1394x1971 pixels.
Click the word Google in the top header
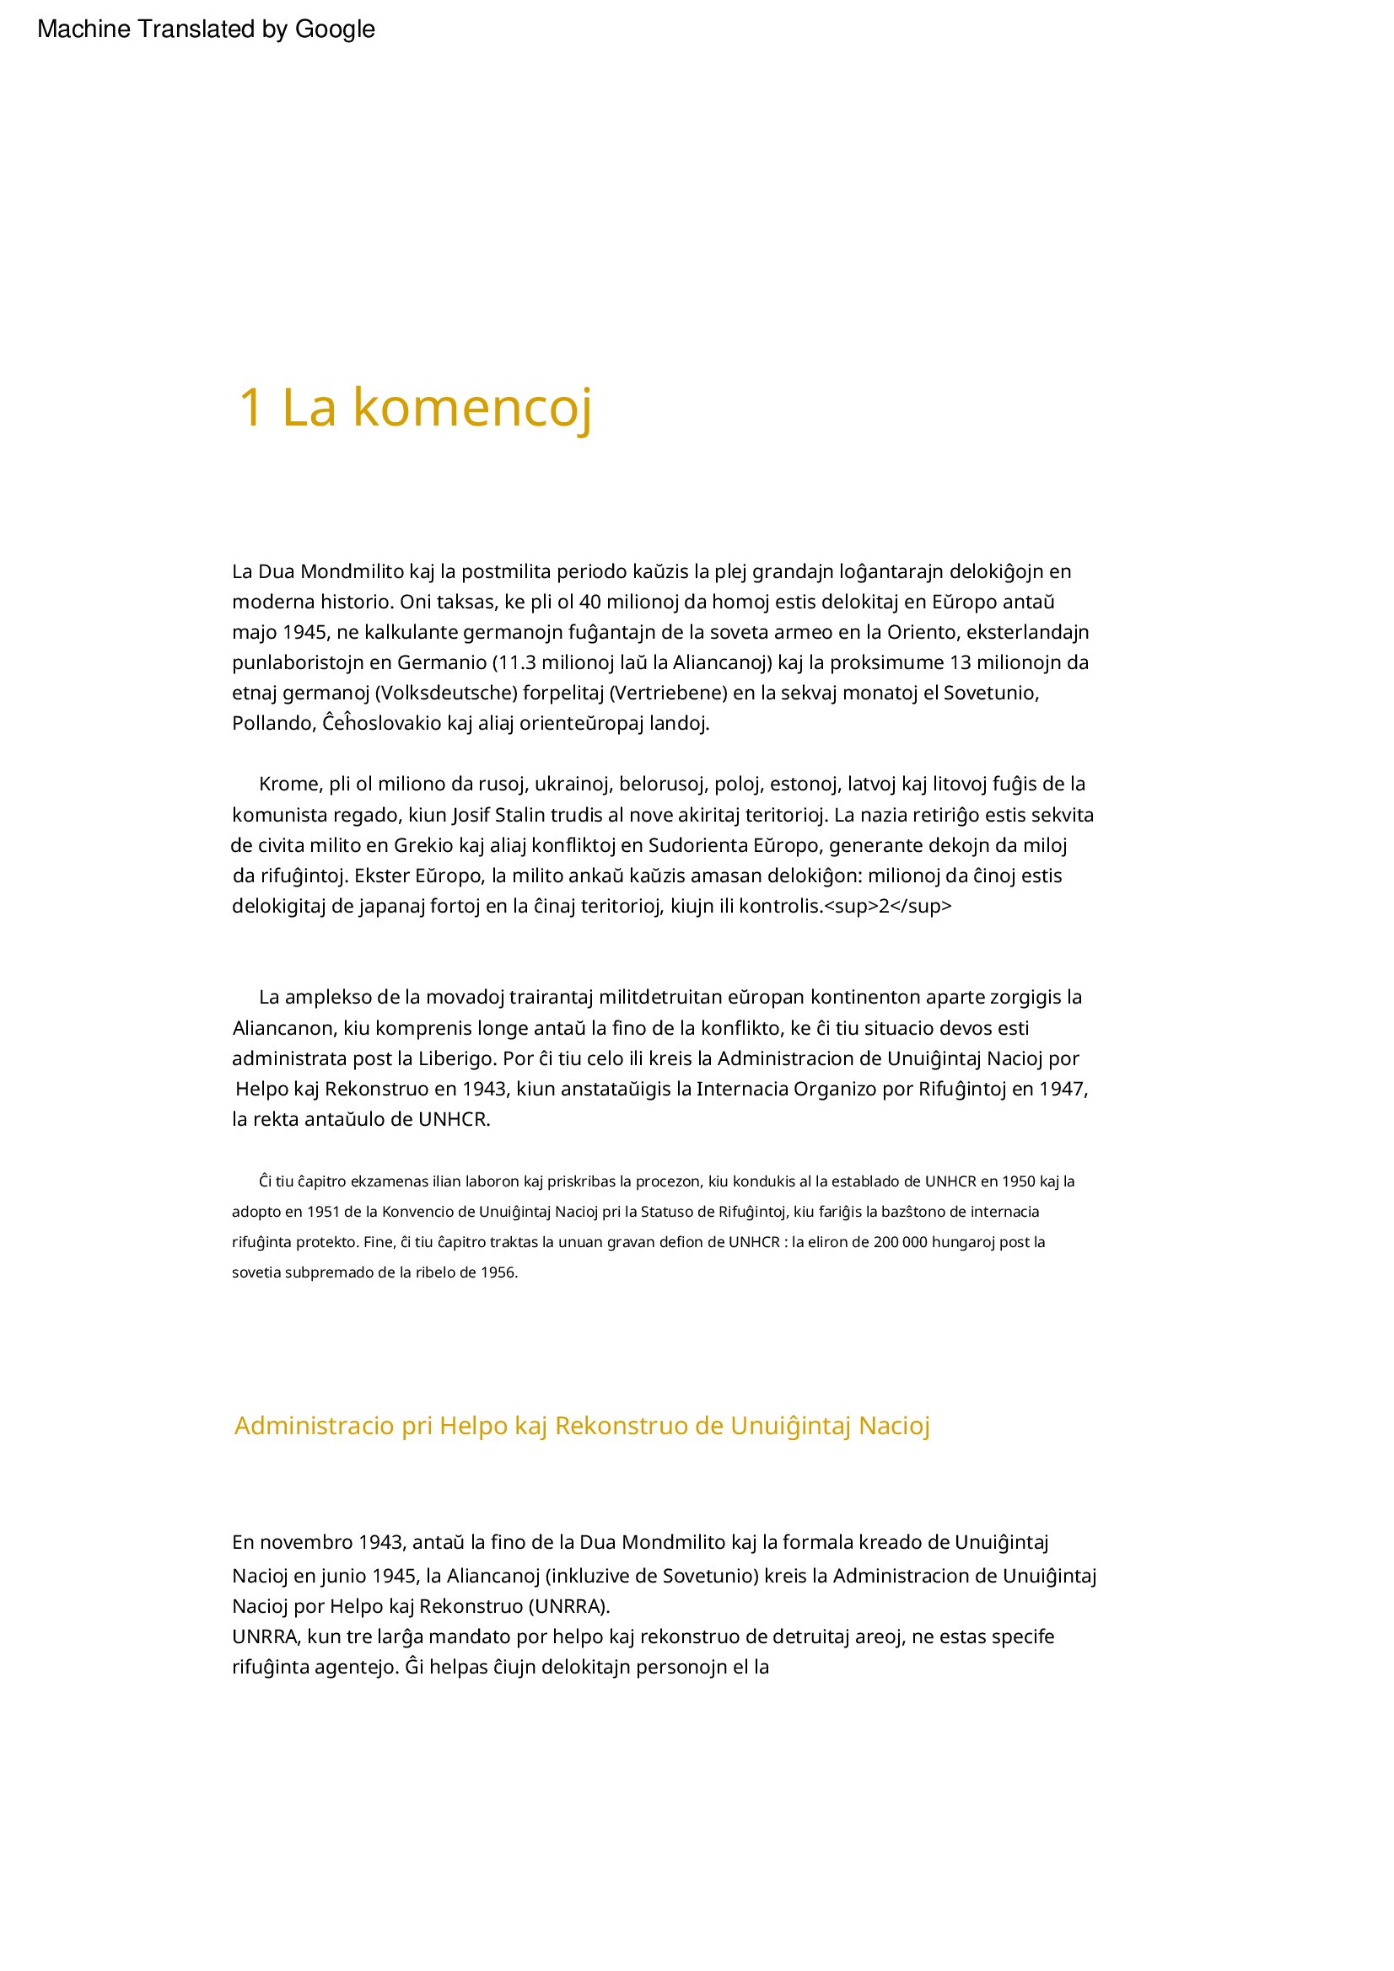(334, 29)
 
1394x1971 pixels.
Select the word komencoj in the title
(472, 409)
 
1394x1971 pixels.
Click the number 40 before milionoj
(590, 602)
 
